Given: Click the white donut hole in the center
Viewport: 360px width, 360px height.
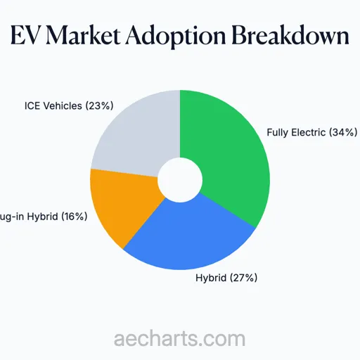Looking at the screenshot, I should pyautogui.click(x=180, y=180).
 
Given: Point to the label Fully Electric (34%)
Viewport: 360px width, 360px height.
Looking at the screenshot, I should pyautogui.click(x=312, y=132).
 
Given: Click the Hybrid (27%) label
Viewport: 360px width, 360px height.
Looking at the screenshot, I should pyautogui.click(x=226, y=278).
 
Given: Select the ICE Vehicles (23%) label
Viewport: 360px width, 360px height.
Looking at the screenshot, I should pyautogui.click(x=69, y=107).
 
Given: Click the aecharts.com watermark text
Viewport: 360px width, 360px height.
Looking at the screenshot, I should pyautogui.click(x=180, y=338).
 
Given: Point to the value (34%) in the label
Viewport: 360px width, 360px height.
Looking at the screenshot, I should pyautogui.click(x=344, y=132).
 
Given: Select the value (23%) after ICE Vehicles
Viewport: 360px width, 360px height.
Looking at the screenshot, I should pyautogui.click(x=100, y=107).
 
